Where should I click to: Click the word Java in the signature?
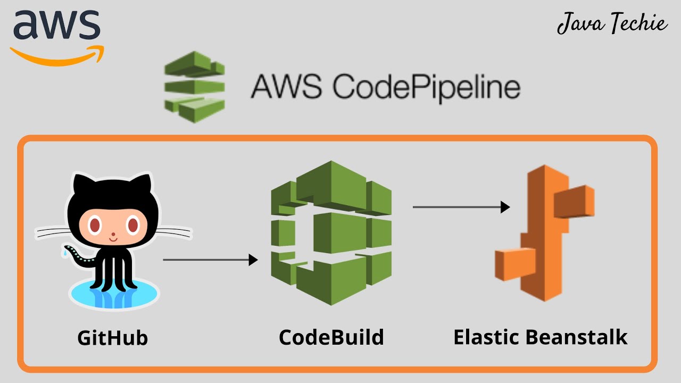click(x=577, y=24)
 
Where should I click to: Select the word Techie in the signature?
click(x=636, y=24)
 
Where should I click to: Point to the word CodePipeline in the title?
click(x=426, y=86)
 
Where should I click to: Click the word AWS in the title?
click(x=287, y=86)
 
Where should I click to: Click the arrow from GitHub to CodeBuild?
click(x=210, y=260)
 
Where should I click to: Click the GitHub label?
click(x=112, y=338)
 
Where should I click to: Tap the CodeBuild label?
click(x=331, y=337)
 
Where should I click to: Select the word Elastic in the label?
click(x=486, y=337)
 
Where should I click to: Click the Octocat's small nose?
click(x=113, y=234)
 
